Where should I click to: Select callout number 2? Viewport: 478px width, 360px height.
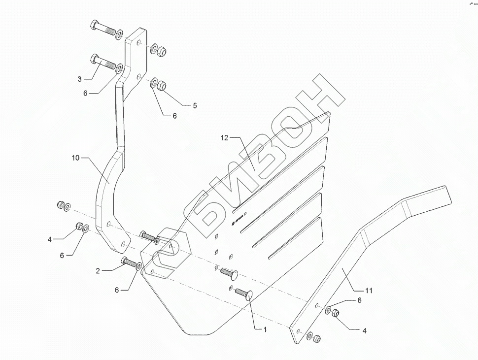pyautogui.click(x=98, y=270)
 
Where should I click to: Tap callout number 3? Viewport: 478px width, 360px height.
pyautogui.click(x=79, y=79)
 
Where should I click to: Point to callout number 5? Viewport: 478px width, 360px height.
pyautogui.click(x=195, y=105)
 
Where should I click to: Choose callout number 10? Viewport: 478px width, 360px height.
pyautogui.click(x=75, y=158)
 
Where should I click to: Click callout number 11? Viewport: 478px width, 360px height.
pyautogui.click(x=369, y=291)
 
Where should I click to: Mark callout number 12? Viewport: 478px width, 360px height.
pyautogui.click(x=224, y=139)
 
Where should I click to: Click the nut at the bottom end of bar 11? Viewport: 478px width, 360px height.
pyautogui.click(x=317, y=338)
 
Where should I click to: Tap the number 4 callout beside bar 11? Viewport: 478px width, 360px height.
pyautogui.click(x=365, y=331)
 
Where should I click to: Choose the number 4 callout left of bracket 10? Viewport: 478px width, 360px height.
pyautogui.click(x=50, y=240)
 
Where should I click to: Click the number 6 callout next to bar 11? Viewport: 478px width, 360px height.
pyautogui.click(x=360, y=300)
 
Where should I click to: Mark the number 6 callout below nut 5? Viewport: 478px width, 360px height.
pyautogui.click(x=174, y=116)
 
